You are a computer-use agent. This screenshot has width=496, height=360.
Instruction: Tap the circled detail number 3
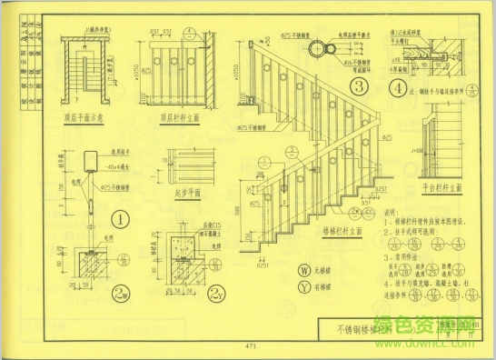pyautogui.click(x=359, y=88)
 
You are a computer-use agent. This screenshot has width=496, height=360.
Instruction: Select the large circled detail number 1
pyautogui.click(x=118, y=218)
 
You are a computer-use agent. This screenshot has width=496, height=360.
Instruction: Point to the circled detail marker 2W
pyautogui.click(x=121, y=292)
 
